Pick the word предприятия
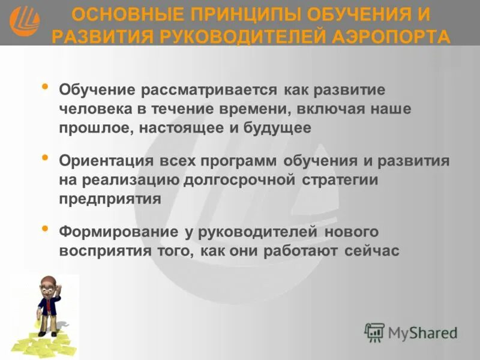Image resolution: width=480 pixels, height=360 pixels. pyautogui.click(x=110, y=199)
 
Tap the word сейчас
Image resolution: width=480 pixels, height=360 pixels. pyautogui.click(x=371, y=251)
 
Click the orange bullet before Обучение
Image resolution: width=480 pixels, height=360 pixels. pyautogui.click(x=46, y=88)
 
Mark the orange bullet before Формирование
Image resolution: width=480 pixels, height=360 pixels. pyautogui.click(x=46, y=229)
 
